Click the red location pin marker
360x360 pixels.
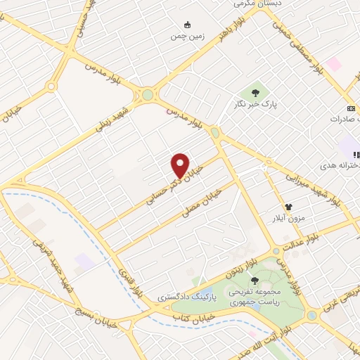(181, 165)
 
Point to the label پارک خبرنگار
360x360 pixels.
(255, 105)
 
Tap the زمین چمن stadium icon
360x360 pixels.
(187, 24)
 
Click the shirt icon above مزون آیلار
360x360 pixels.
(288, 207)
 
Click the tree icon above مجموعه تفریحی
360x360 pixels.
(255, 280)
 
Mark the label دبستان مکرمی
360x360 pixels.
(250, 3)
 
